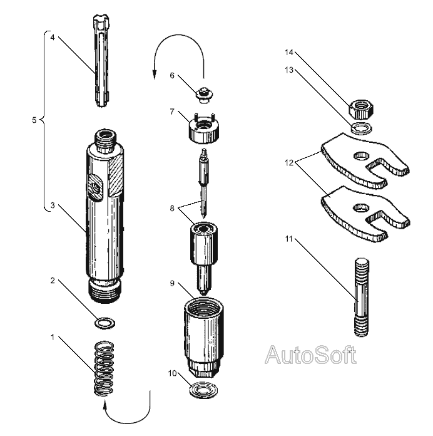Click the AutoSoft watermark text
310,356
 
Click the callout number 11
289,238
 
